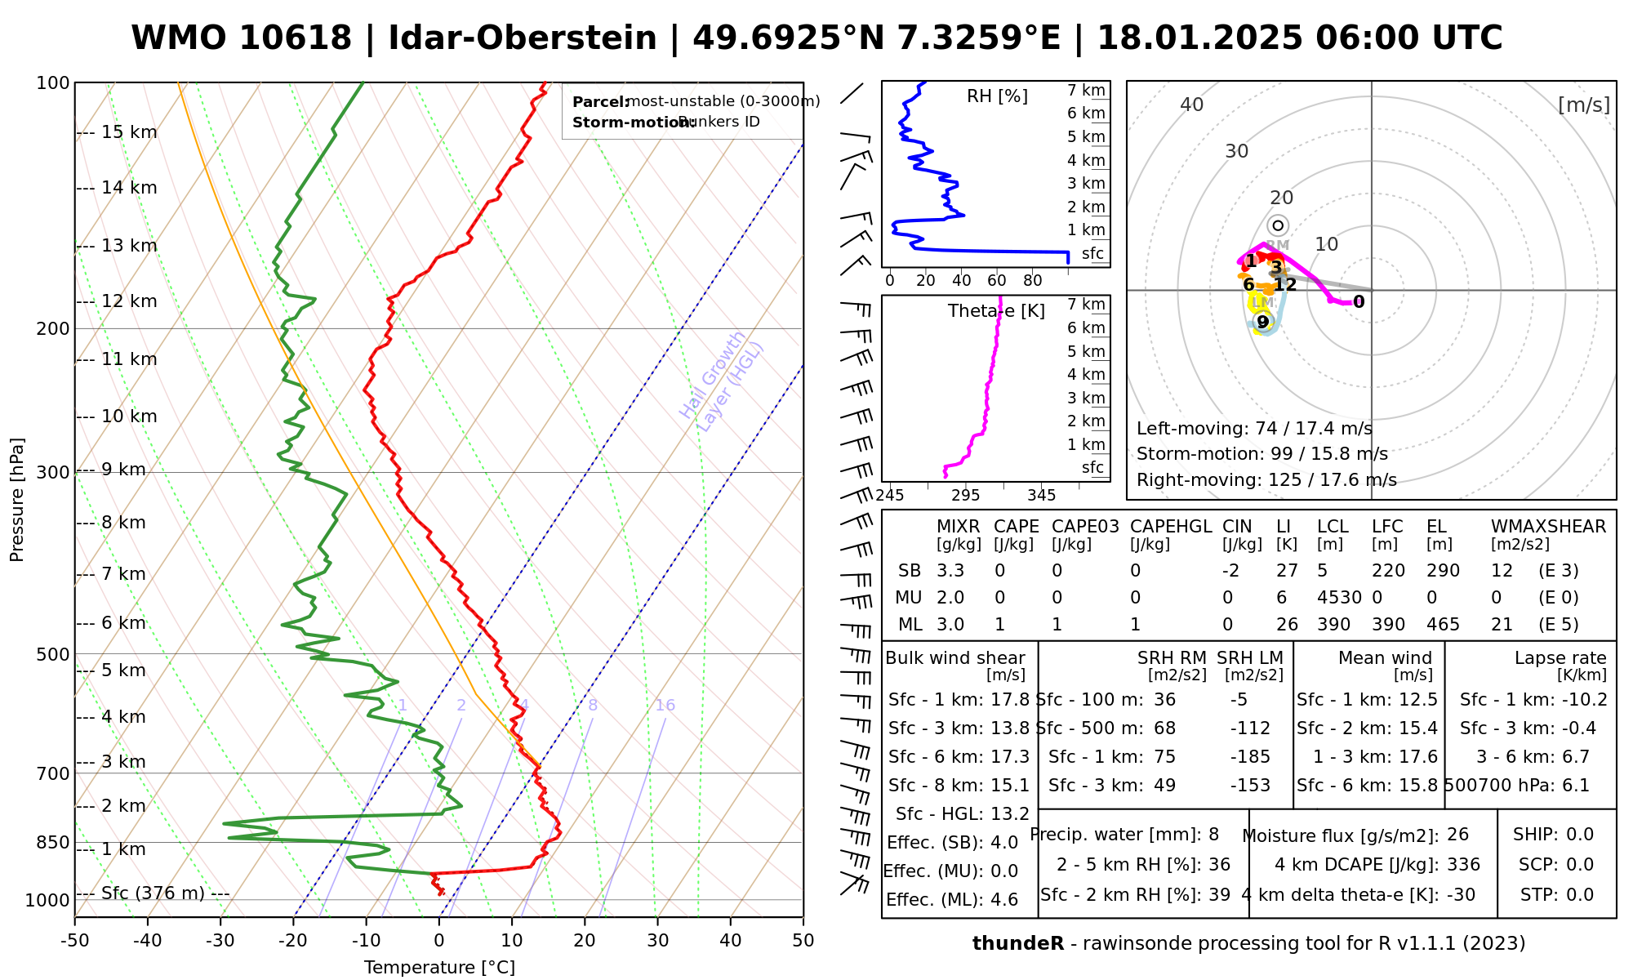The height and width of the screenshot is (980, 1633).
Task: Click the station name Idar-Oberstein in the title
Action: (x=523, y=38)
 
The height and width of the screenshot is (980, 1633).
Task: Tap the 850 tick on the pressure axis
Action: (x=54, y=842)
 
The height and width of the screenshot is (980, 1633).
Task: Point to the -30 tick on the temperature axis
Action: (x=220, y=941)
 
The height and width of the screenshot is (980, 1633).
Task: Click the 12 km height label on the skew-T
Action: (x=129, y=301)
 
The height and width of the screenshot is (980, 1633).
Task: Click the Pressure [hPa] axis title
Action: (x=17, y=500)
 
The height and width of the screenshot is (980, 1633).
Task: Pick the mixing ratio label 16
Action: (x=665, y=706)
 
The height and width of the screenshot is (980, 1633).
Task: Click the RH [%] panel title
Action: (x=997, y=96)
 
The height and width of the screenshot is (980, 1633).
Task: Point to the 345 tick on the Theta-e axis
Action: (x=1041, y=496)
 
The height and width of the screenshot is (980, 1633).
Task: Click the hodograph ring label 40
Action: (x=1192, y=105)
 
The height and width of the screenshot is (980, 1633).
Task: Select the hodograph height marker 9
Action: (x=1262, y=323)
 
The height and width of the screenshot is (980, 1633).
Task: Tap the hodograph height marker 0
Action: (x=1359, y=302)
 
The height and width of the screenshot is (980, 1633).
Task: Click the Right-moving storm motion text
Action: (x=1266, y=480)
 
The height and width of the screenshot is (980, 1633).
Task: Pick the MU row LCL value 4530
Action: (x=1339, y=598)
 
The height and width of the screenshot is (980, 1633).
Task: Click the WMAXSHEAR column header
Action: (x=1548, y=527)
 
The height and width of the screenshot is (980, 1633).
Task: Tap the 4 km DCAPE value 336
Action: (x=1463, y=865)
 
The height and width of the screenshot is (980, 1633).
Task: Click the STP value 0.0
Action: (x=1580, y=895)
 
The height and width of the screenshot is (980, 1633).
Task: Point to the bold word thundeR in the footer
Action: (x=1017, y=944)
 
